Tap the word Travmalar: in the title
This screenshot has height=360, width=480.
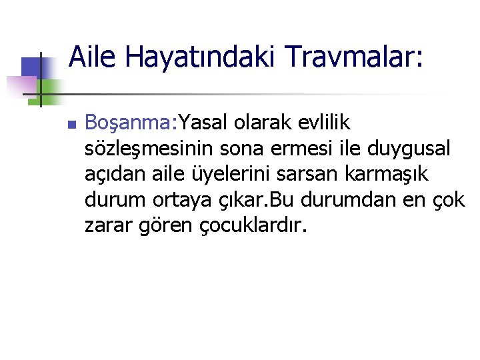(352, 57)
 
